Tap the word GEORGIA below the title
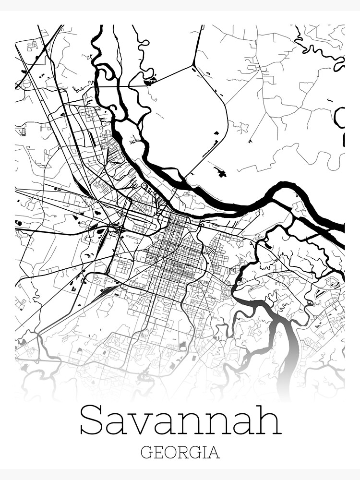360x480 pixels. (180, 453)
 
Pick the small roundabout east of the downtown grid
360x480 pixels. (202, 225)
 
